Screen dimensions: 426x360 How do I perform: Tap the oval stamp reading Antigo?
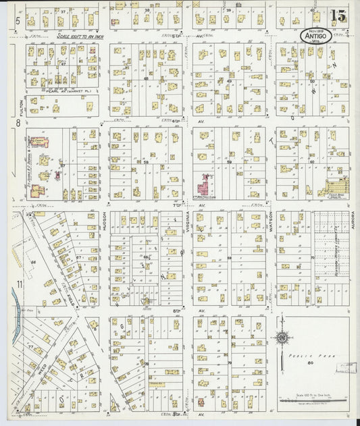click(316, 36)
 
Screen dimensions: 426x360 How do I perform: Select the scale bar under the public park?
click(315, 400)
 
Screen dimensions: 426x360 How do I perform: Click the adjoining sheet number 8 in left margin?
click(18, 122)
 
